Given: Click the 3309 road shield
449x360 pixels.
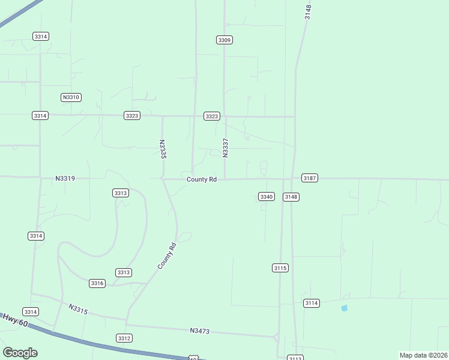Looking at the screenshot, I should click(224, 40).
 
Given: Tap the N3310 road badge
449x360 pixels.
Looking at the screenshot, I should click(71, 97).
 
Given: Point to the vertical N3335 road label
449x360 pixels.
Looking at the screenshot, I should click(162, 149).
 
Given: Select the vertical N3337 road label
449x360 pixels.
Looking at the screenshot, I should click(226, 148).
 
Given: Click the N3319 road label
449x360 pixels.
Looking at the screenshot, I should click(65, 178).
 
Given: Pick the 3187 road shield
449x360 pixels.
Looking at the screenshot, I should click(310, 178).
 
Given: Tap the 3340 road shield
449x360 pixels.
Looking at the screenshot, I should click(267, 197).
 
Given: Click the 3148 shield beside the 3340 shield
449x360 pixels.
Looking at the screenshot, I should click(291, 197).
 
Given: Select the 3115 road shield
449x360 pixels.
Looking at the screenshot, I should click(280, 268).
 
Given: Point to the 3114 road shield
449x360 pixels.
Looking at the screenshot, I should click(311, 303).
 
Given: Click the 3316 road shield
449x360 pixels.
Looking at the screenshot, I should click(97, 283).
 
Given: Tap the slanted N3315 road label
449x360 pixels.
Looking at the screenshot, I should click(79, 309).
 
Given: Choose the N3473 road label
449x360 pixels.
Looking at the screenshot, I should click(200, 331).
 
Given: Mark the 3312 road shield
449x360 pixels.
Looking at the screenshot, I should click(124, 338).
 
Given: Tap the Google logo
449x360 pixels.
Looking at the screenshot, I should click(20, 352).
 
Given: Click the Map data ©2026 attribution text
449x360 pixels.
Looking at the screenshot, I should click(423, 355).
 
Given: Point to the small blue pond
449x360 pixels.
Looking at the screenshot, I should click(344, 308).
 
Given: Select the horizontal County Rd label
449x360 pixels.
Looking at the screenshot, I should click(201, 179).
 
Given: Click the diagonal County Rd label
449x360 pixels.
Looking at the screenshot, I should click(167, 256).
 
